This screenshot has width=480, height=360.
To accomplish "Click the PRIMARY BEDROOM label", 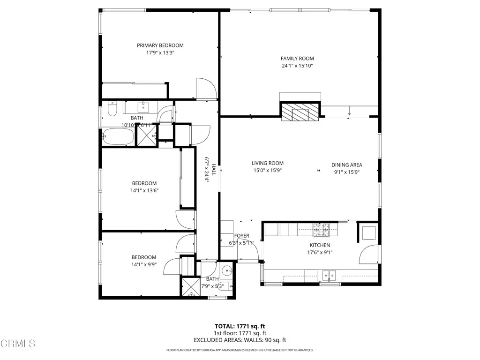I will tap(160, 45).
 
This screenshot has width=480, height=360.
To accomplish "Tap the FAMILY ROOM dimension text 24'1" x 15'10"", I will tap(297, 66).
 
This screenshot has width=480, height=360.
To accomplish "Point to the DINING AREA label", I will tap(347, 165).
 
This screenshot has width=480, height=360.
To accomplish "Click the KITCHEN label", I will tap(320, 245).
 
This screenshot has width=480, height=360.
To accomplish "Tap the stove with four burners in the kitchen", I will tap(322, 229).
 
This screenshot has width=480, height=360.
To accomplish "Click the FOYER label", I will tap(242, 236).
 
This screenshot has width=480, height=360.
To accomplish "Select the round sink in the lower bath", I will tap(227, 270).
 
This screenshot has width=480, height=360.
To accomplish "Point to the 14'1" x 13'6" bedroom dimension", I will tap(144, 190).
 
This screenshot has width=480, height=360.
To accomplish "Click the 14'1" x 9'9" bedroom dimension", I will tap(144, 264).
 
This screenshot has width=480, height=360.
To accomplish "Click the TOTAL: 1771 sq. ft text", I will tap(240, 326).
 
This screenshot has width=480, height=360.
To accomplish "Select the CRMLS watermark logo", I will tap(18, 344).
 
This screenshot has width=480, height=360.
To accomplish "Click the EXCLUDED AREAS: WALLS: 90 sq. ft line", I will tap(240, 340).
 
